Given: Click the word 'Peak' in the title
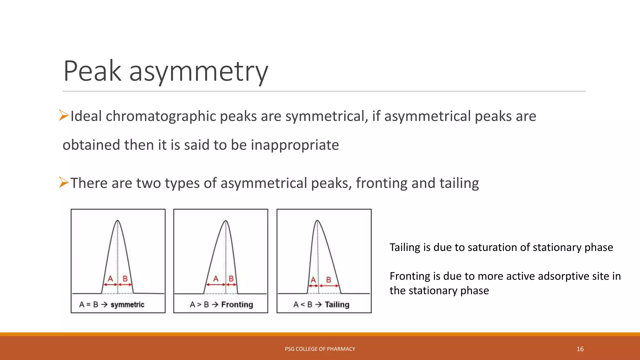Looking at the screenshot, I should point(92,71).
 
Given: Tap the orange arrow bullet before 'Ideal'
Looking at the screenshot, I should point(64,116).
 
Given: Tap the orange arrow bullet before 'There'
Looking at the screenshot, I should point(64,182).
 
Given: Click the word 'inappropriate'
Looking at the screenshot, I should point(295,145).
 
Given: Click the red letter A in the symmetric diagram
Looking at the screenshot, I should point(110,278).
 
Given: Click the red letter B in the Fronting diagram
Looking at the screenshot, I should point(231,278).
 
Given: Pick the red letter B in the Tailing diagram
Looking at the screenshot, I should point(328,279).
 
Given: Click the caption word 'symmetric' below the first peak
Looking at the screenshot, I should point(127,305).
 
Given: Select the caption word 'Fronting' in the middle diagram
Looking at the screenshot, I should point(237,305).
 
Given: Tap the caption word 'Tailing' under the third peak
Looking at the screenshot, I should point(337,305).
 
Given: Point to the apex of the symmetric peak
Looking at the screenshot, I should point(117,221).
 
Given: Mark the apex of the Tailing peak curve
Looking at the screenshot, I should point(317,221).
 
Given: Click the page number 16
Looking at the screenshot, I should point(580,349).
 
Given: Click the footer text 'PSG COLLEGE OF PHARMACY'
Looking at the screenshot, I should point(320,349).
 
